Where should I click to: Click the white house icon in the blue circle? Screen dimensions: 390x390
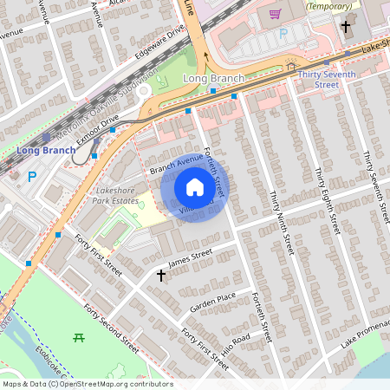[195, 186]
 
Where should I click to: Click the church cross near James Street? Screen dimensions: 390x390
[160, 276]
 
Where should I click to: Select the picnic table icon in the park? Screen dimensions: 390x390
[79, 337]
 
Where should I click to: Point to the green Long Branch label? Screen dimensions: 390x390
[214, 79]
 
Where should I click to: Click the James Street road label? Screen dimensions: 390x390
[190, 257]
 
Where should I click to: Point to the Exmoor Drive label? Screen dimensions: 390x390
[96, 133]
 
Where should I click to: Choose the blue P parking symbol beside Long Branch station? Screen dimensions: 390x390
[33, 177]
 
